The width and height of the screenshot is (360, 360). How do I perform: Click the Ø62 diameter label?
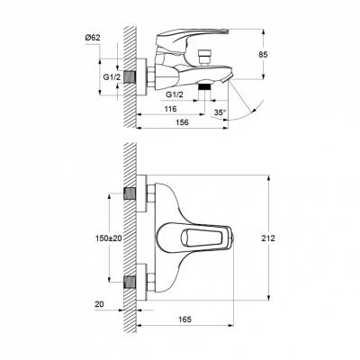click(93, 38)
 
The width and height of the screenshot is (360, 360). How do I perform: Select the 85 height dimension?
click(263, 55)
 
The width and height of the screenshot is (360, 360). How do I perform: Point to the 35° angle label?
click(220, 112)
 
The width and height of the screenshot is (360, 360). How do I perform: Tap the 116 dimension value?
click(171, 109)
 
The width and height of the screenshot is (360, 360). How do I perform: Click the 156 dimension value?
click(182, 122)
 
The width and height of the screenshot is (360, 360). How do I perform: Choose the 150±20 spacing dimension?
click(109, 238)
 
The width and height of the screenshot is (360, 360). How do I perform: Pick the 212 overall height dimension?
click(268, 238)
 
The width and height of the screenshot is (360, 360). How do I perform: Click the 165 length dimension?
click(185, 319)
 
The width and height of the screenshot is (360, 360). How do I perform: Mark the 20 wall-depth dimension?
click(99, 304)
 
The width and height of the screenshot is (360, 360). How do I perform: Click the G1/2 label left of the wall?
click(112, 77)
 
